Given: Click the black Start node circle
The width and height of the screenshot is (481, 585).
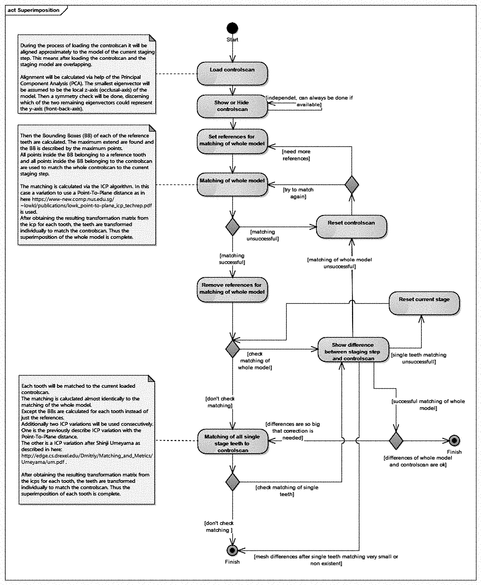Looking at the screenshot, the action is (232, 28).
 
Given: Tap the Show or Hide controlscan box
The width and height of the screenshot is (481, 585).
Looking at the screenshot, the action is (232, 106).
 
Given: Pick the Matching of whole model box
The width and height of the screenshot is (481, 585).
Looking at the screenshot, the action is (232, 185).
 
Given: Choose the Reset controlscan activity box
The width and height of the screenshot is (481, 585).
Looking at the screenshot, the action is (351, 227).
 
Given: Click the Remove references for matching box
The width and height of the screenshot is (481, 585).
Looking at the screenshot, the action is (232, 289).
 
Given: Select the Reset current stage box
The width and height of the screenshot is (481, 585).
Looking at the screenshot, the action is (424, 303).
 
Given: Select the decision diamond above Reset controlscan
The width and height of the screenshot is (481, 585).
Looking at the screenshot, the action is (352, 185).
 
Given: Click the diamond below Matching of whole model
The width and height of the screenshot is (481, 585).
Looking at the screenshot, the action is (232, 227).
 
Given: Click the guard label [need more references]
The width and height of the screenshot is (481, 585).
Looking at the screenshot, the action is (296, 155).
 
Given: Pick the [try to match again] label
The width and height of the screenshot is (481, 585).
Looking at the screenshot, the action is (298, 193).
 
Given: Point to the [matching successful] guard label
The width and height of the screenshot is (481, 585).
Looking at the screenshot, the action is (232, 259).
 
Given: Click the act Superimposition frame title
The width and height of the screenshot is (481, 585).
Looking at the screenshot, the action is (33, 10).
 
